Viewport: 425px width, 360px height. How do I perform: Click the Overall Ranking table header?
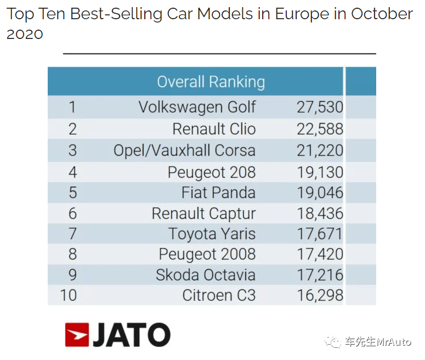coord(211,82)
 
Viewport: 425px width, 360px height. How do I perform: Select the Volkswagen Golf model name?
coord(197,107)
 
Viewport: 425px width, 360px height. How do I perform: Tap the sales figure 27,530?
coord(320,107)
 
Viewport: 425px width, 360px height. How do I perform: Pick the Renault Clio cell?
coord(214,129)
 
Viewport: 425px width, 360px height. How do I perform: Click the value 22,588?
coord(320,129)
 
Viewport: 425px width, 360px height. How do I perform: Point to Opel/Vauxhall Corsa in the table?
coord(184,150)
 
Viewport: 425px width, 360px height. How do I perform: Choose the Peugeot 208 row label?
coord(212,172)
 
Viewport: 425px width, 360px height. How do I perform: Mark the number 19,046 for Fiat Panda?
coord(320,193)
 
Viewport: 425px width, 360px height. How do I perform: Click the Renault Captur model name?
coord(203,213)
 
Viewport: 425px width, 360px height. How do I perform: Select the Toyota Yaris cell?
coord(212,234)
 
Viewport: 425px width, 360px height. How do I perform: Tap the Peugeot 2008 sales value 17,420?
coord(320,254)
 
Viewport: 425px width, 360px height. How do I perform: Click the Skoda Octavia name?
coord(206,274)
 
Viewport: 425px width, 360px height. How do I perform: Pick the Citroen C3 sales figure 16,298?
coord(320,295)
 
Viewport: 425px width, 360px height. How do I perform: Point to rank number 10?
coord(69,295)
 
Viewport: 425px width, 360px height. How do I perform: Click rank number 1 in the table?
coord(72,107)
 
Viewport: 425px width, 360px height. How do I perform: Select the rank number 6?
coord(72,213)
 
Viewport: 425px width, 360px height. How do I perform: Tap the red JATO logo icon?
coord(77,335)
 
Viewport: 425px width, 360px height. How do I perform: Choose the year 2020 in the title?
coord(25,34)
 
